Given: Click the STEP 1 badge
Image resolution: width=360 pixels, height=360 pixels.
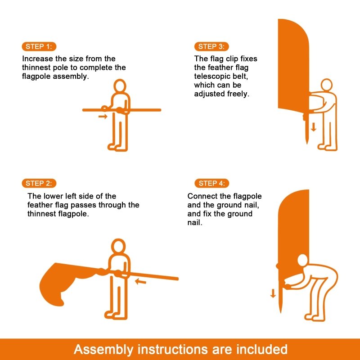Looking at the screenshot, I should tap(39, 46).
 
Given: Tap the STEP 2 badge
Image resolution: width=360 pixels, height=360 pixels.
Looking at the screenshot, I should tap(39, 183).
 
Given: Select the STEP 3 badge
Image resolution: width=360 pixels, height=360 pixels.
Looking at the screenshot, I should tap(211, 46).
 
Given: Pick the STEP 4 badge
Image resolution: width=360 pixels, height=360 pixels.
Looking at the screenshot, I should tap(211, 183).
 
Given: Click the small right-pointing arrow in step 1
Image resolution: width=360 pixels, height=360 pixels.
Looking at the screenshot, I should tap(103, 117).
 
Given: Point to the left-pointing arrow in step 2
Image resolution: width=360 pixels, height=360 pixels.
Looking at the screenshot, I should tap(141, 282).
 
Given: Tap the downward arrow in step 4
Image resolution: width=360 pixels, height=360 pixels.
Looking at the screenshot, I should tap(273, 293).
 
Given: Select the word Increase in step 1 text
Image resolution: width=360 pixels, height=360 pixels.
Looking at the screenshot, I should tap(37, 58).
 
